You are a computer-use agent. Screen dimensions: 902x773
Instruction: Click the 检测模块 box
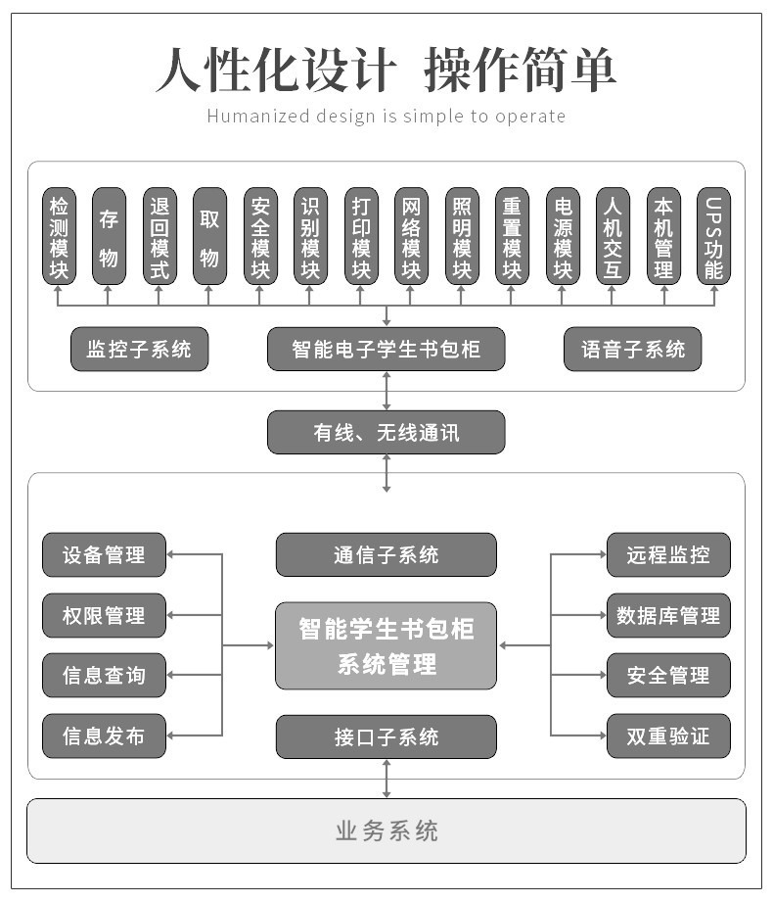pos(60,237)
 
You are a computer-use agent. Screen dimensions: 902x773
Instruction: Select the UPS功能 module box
pos(713,237)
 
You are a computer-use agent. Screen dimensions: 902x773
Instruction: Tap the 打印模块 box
pos(361,237)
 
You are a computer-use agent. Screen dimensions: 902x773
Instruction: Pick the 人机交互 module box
pos(613,237)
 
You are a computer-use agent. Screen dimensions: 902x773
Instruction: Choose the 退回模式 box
pos(159,237)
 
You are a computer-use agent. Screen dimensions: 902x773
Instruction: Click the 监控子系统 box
pos(139,349)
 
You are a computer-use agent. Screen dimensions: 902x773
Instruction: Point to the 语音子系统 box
pos(632,349)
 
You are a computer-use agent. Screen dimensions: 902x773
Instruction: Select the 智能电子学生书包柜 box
pos(386,349)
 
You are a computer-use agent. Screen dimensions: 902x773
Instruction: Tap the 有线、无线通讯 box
pos(386,432)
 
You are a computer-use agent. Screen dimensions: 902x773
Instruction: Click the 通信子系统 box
pos(386,555)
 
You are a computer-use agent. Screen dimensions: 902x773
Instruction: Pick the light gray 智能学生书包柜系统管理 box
pos(386,645)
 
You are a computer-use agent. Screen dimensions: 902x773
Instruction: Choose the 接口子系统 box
pos(386,736)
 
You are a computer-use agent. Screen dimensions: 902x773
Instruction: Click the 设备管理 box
pos(104,555)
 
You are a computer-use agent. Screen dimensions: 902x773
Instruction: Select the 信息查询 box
pos(104,676)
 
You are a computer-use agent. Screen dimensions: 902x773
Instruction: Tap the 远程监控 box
pos(668,555)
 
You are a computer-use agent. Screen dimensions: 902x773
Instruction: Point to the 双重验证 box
pos(668,736)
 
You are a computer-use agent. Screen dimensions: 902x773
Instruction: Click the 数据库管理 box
pos(668,616)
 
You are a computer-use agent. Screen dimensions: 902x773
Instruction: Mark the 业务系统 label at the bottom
pos(386,831)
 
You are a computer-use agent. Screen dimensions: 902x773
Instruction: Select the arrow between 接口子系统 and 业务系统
pos(386,779)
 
